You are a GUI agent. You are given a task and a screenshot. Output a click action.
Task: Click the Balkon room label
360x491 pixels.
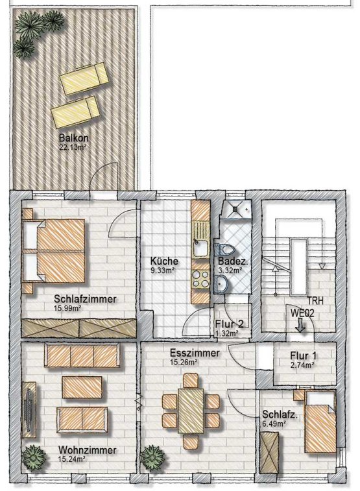coord(73,138)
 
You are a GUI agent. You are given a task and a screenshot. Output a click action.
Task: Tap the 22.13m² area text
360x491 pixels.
coord(73,147)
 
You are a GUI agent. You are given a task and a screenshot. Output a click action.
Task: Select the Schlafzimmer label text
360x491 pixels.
coord(85,299)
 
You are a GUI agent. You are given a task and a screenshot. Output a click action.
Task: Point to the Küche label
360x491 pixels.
coord(164,261)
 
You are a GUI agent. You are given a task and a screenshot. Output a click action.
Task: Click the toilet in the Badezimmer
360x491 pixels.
coord(224,250)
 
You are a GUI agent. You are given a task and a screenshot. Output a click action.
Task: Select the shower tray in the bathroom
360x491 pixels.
coord(237,209)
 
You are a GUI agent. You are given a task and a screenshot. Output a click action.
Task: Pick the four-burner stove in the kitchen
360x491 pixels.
coord(200,280)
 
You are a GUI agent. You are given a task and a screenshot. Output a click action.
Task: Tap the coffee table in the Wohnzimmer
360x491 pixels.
coord(82,387)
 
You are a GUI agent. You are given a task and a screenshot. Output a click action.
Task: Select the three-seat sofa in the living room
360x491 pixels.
coord(82,355)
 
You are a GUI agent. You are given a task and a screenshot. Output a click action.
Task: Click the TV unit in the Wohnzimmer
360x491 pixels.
coord(29,409)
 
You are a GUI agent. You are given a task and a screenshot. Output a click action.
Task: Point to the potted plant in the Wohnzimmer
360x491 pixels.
coord(33,457)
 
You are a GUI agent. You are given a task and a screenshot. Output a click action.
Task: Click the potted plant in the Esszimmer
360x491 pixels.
coord(152,457)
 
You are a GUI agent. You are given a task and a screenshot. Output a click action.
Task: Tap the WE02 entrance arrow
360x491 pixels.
coord(300,325)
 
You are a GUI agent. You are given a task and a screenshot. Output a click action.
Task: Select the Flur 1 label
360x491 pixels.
coord(303,355)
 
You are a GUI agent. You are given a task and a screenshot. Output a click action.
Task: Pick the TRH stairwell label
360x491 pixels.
coord(315,301)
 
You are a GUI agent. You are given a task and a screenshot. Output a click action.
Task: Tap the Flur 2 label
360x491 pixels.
coord(229,324)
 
